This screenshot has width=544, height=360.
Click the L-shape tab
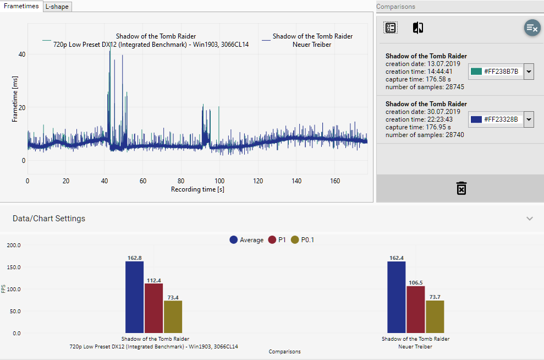click(57, 7)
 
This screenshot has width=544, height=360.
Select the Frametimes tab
click(21, 6)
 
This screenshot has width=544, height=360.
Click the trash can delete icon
click(461, 188)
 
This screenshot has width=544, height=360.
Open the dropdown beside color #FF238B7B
click(529, 72)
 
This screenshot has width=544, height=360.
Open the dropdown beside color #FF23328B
click(529, 119)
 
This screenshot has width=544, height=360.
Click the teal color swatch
click(476, 72)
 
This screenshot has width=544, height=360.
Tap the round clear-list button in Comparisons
click(532, 28)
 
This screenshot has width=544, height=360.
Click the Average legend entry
click(234, 240)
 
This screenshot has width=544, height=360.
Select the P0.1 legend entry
click(295, 240)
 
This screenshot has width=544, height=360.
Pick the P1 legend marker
click(272, 240)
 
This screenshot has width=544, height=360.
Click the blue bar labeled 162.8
click(134, 297)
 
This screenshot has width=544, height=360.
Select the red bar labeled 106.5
click(415, 309)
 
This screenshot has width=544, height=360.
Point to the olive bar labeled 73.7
click(435, 317)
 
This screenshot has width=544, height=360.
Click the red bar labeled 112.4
click(153, 308)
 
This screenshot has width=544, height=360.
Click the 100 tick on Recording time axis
click(220, 181)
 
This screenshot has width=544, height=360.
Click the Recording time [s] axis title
click(197, 189)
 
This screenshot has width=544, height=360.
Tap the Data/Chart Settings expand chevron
click(529, 219)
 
